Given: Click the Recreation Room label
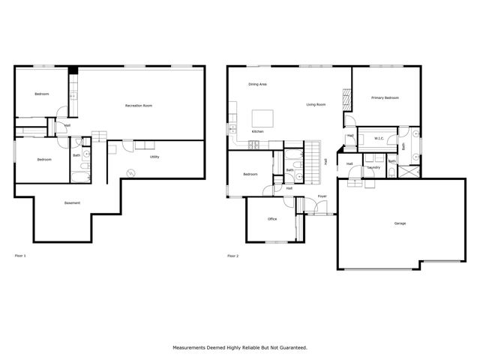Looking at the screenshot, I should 139,106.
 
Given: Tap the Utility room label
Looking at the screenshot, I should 154,157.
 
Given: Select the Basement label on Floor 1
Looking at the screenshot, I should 72,203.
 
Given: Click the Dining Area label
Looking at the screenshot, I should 258,84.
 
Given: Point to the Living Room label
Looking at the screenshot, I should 316,104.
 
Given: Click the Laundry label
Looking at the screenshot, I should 373,167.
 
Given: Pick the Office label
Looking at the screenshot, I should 273,220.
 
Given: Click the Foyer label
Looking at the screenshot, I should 322,196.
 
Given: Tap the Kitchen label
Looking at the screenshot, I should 257,131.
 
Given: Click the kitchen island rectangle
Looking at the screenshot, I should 262,118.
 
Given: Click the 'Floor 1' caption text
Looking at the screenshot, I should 20,256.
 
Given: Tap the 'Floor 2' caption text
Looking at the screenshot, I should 232,256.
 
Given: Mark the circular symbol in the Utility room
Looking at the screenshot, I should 130,173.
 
